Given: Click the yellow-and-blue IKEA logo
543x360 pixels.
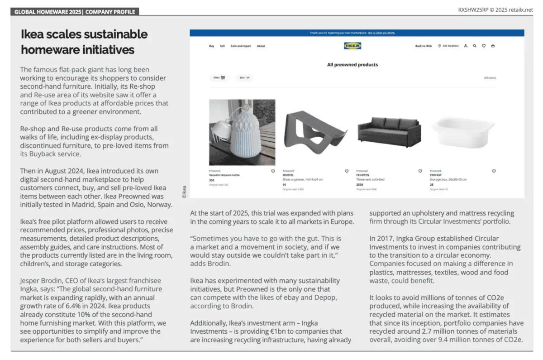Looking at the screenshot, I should [x=352, y=46].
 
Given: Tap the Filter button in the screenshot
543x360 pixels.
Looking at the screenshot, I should [x=219, y=78].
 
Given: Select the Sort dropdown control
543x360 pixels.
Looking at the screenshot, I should [x=244, y=78].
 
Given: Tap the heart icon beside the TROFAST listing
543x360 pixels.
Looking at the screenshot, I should [x=493, y=171].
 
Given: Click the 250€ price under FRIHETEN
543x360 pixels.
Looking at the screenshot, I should [x=360, y=185].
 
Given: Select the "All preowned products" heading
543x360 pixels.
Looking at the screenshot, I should [x=352, y=65].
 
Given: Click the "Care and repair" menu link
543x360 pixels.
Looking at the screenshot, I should [x=240, y=46].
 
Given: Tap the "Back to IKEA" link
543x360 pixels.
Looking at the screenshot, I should [x=424, y=46].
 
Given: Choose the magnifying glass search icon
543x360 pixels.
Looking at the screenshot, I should [x=474, y=46].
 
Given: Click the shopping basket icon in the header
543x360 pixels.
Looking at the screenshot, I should [x=492, y=46].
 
